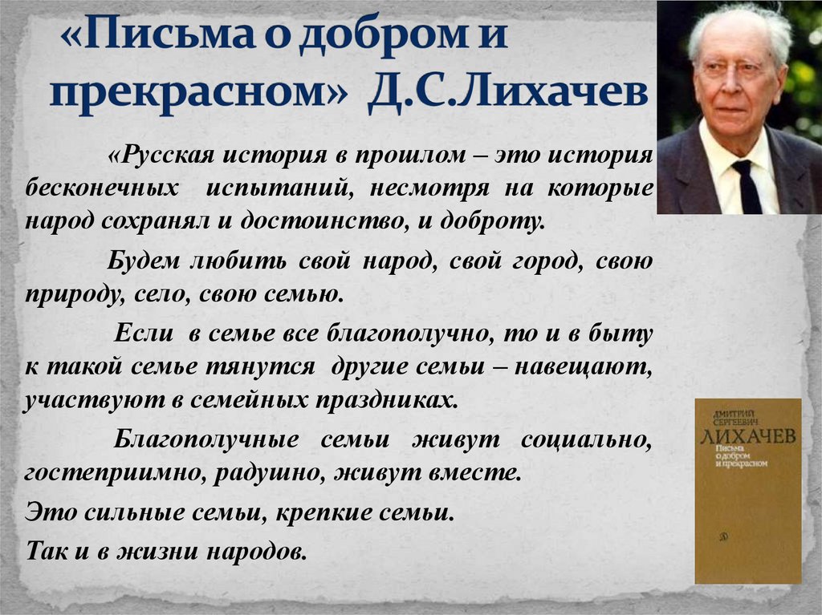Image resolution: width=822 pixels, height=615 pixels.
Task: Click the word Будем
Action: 143,261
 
